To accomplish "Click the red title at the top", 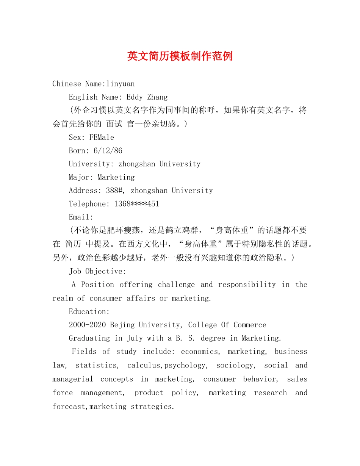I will tap(180, 56).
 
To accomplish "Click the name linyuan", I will tap(121, 84).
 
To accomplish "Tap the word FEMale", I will tap(102, 137).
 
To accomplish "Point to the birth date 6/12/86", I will tap(108, 150).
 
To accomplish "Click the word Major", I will tap(80, 177).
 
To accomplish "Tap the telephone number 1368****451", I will tap(137, 204).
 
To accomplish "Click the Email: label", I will tap(81, 217).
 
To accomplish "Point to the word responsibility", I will tap(247, 285).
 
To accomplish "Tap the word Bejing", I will tap(122, 325).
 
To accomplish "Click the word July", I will tap(135, 338).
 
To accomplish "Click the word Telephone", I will tap(89, 204).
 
